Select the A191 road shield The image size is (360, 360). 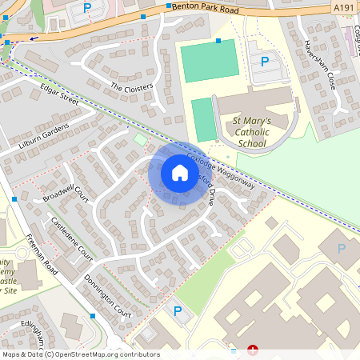tap(343, 8)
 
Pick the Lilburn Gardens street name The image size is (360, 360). tap(46, 137)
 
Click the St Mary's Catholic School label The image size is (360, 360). tap(251, 132)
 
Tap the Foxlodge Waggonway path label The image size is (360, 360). tap(229, 171)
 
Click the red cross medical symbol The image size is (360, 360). tap(254, 350)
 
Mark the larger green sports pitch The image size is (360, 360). tap(209, 61)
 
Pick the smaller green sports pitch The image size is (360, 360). tap(204, 118)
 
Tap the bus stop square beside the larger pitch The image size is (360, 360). tap(218, 41)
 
